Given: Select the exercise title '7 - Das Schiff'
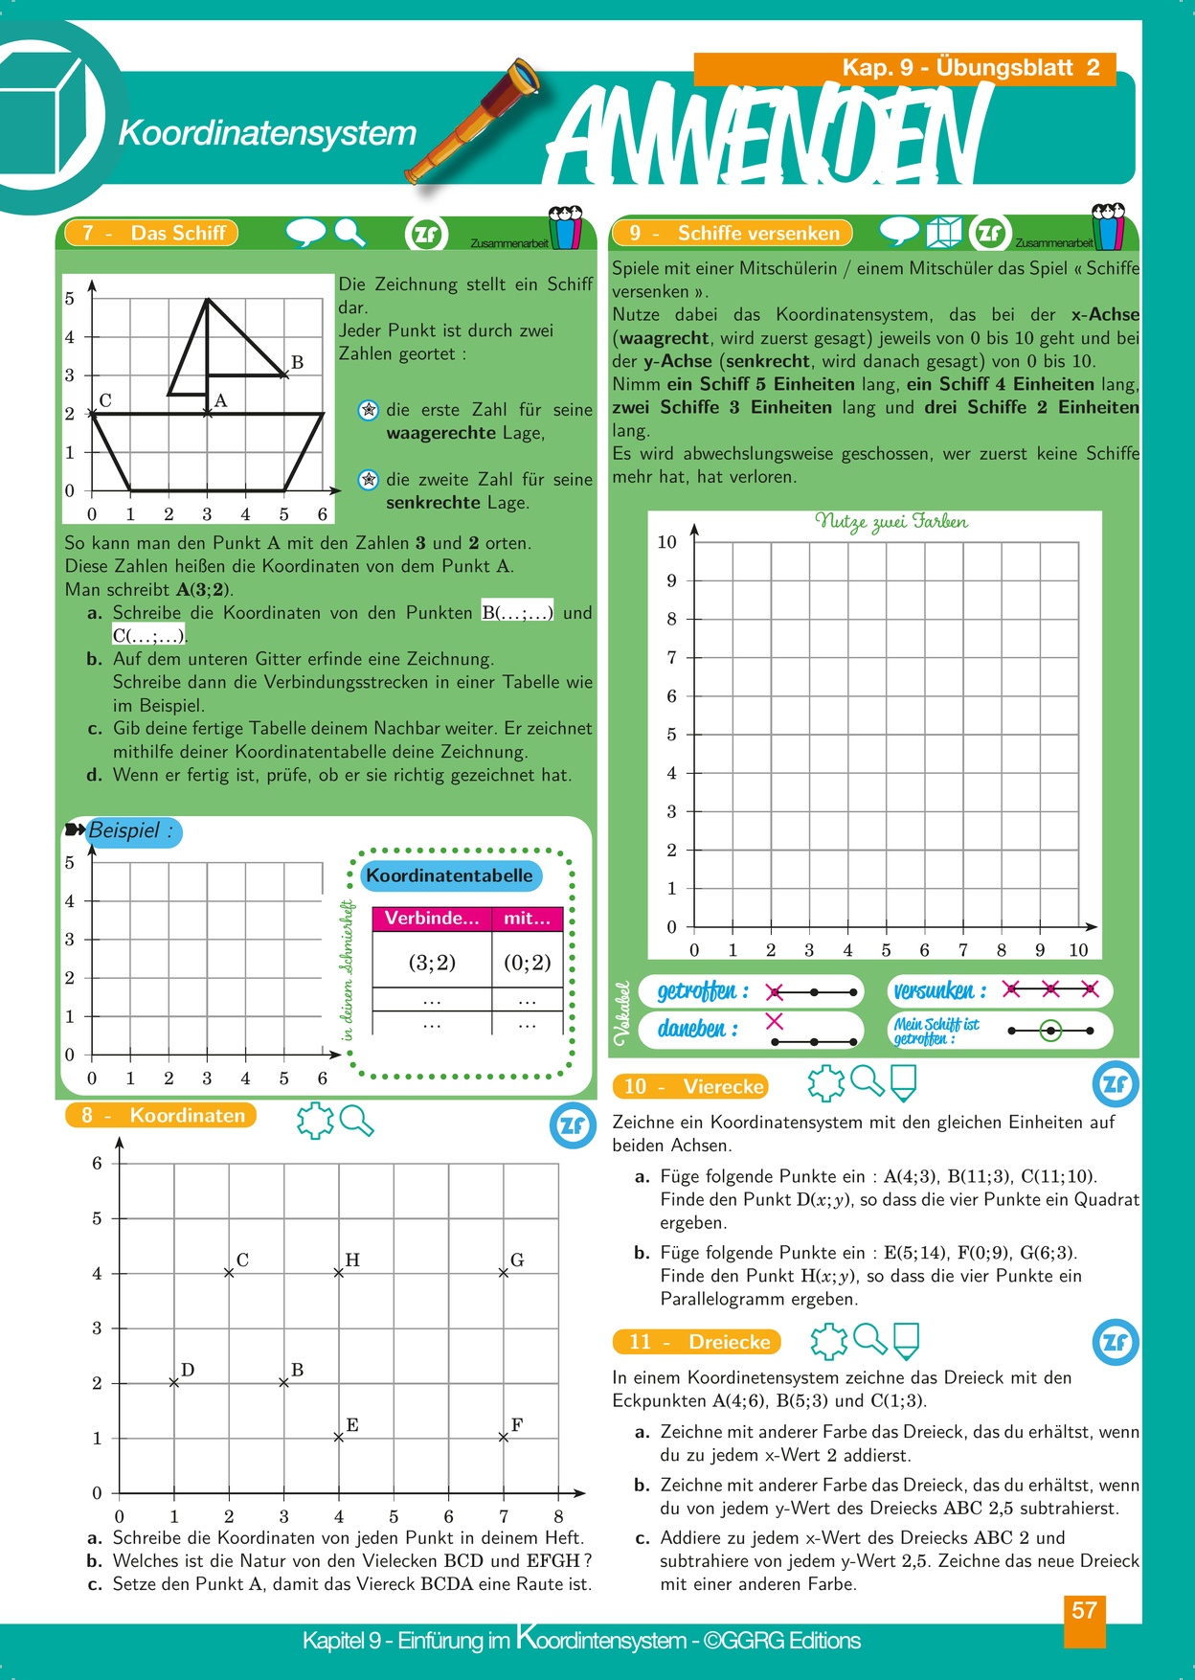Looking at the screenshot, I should coord(151,233).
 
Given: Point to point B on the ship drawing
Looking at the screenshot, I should coord(284,375).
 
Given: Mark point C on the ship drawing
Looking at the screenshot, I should coord(92,413).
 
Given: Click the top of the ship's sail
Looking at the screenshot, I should coord(208,299).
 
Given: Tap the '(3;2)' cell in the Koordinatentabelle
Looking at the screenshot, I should coord(432,963).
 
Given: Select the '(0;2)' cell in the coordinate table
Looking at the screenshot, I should coord(528,963).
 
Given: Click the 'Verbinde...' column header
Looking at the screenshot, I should coord(432,919).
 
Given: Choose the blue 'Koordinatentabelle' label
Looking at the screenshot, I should coord(449,875).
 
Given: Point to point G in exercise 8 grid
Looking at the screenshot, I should coord(504,1273).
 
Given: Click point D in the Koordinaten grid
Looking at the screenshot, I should coord(174,1382).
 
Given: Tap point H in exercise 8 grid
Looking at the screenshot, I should coord(339,1273).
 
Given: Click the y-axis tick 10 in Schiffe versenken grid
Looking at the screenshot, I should coord(667,542).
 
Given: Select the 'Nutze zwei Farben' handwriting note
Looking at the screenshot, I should coord(891,522).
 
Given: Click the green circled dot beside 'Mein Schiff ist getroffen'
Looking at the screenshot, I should coord(1051,1031).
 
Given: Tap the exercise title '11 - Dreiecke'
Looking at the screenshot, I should coord(697,1342).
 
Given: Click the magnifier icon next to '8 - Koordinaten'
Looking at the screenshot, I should coord(356,1120).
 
